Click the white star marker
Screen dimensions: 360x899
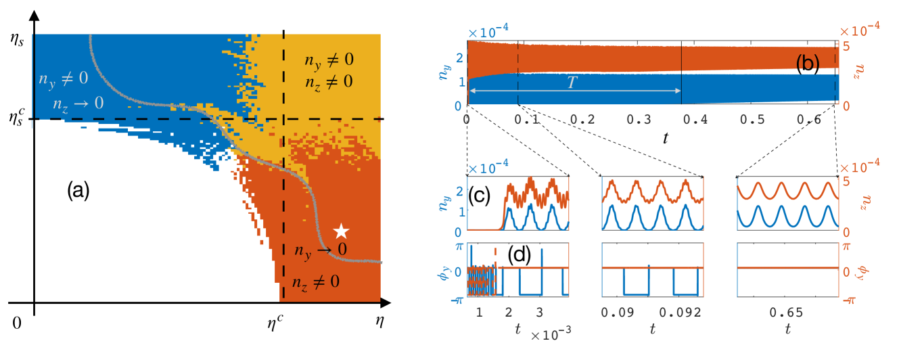tap(342, 231)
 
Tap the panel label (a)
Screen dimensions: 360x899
tap(76, 192)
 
